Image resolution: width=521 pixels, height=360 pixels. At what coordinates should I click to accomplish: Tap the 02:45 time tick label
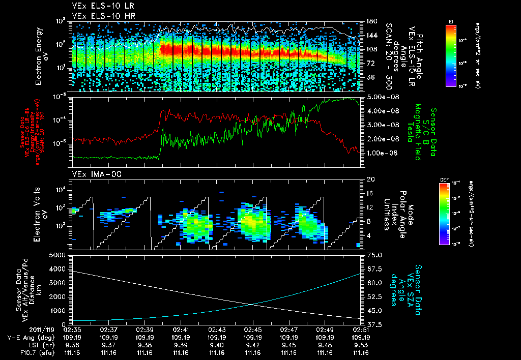tap(253, 329)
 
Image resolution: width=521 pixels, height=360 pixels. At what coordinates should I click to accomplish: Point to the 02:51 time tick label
tap(361, 329)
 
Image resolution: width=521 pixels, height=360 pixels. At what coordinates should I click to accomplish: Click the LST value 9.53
tap(361, 345)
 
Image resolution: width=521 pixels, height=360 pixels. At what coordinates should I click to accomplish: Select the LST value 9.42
tap(253, 345)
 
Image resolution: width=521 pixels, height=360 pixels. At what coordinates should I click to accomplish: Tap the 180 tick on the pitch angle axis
tap(370, 21)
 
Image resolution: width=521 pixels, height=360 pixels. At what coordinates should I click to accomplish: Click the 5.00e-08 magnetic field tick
tap(379, 97)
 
